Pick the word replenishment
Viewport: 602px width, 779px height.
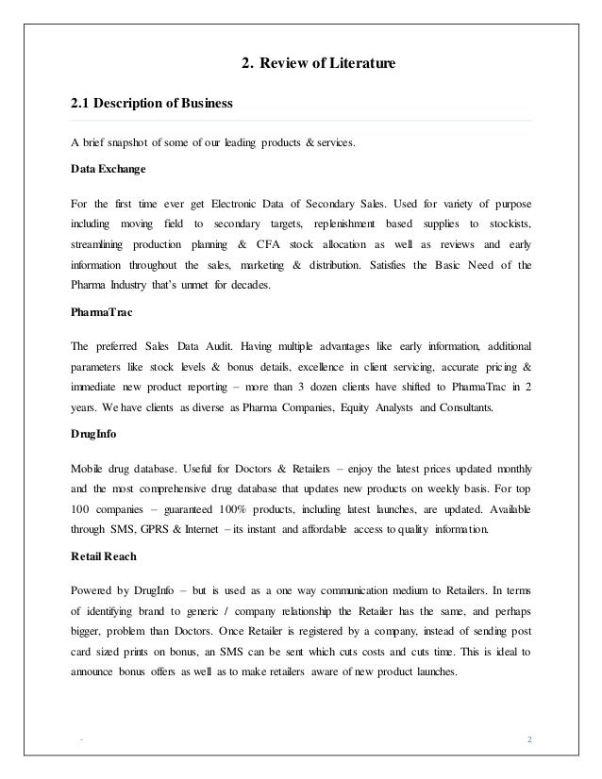pyautogui.click(x=331, y=224)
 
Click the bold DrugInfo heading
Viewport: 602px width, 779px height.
pyautogui.click(x=93, y=436)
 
